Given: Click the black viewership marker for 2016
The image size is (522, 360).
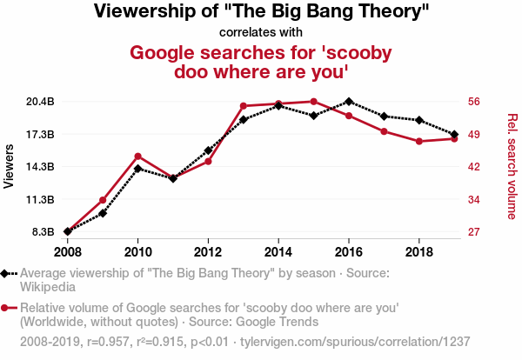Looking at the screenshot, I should (349, 102).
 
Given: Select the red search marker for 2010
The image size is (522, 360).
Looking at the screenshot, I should (137, 157).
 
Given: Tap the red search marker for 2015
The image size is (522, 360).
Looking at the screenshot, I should (313, 102).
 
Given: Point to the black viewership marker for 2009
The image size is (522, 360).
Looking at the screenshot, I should (103, 213).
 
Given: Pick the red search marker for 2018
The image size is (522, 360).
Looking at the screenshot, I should (419, 141).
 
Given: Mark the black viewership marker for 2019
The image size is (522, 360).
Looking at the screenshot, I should (454, 134).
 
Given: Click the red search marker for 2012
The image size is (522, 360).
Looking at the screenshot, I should (208, 161).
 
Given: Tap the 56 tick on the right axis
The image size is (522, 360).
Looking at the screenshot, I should (474, 102).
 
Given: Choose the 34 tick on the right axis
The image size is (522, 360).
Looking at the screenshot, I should (474, 200).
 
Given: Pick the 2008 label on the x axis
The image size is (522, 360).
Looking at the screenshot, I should (67, 252).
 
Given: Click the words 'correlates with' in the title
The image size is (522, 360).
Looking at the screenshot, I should (261, 33).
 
